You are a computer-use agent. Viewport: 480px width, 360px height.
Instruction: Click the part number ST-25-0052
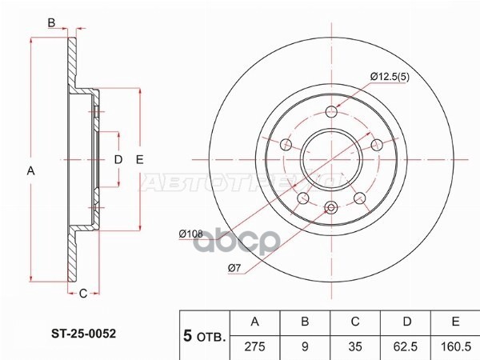[83, 334]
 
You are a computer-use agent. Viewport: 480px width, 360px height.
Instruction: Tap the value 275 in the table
[254, 346]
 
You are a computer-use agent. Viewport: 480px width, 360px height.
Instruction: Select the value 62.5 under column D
[406, 346]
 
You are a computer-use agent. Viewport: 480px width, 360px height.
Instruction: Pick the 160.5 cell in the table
[455, 346]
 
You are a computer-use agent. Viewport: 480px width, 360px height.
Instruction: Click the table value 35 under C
[355, 346]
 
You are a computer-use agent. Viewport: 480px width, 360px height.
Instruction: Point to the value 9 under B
[305, 346]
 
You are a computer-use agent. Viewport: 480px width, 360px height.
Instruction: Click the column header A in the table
[254, 322]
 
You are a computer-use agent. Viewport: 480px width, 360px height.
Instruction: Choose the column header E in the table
[455, 322]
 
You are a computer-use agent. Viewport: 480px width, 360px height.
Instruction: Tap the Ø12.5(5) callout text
[390, 77]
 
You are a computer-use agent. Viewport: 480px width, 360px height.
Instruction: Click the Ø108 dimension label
[190, 234]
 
